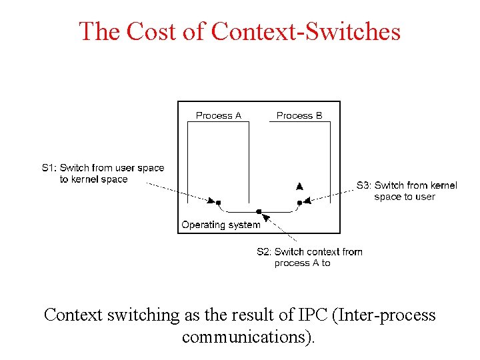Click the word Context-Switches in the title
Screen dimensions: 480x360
coord(306,31)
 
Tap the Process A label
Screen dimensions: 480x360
coord(219,115)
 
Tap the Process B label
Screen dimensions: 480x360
coord(299,115)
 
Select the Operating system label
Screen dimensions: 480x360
coord(221,225)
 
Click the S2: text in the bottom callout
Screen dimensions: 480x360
coord(264,252)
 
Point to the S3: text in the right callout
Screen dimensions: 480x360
coord(364,185)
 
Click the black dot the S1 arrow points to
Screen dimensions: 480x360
coord(219,202)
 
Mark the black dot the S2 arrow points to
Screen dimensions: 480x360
coord(259,211)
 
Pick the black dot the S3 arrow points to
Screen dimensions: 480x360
coord(299,202)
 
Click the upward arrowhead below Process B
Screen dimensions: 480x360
coord(299,186)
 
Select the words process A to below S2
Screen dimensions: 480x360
coord(302,263)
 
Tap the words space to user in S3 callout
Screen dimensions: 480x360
coord(405,197)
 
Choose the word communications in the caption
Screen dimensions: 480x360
coord(244,337)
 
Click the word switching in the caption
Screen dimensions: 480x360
coord(141,315)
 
